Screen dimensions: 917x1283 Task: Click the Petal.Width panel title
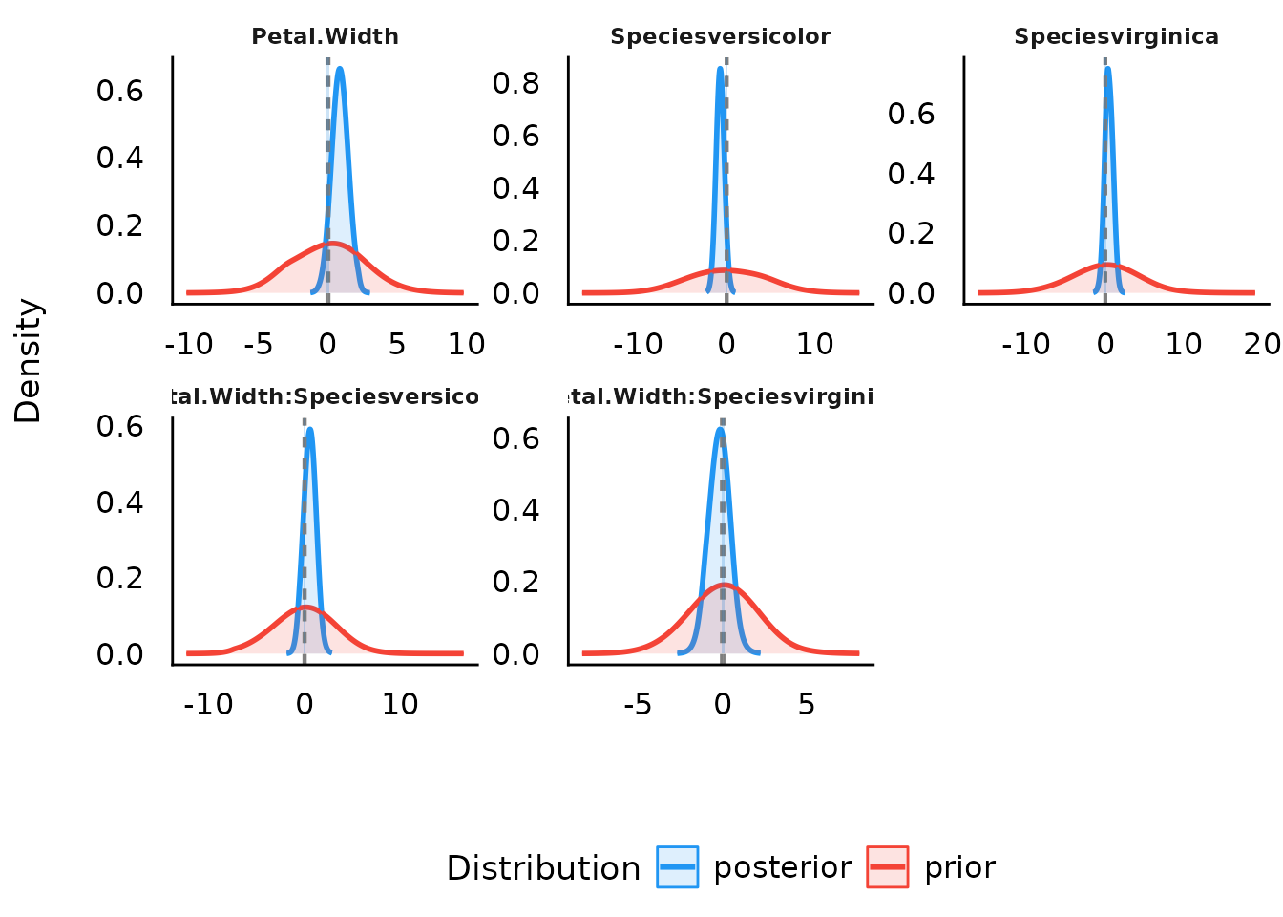coord(325,37)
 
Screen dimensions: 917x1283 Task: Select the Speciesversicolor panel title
coord(720,37)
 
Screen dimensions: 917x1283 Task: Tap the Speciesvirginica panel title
coord(1116,37)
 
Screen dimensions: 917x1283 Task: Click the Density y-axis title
coord(29,361)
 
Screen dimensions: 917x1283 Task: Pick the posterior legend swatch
coord(678,867)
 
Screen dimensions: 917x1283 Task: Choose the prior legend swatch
coord(888,867)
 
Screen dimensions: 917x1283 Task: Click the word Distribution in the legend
coord(543,868)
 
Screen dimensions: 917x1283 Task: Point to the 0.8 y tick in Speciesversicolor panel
coord(515,84)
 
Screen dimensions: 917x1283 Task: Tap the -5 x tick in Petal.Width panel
coord(259,344)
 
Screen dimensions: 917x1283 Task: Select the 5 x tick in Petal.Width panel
coord(397,344)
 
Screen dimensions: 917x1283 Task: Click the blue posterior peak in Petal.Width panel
coord(339,69)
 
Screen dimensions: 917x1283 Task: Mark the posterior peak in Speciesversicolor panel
coord(720,69)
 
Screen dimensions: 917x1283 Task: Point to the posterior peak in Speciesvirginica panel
coord(1107,69)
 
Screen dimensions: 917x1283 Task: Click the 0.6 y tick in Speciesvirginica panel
coord(911,115)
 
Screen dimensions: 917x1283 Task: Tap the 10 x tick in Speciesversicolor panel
coord(814,344)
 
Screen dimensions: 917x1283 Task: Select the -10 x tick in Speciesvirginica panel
coord(1025,344)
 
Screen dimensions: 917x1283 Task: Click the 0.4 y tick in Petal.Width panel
coord(119,158)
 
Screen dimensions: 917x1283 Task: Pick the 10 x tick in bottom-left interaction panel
coord(400,705)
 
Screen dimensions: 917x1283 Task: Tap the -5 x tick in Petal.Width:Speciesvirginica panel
coord(638,705)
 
